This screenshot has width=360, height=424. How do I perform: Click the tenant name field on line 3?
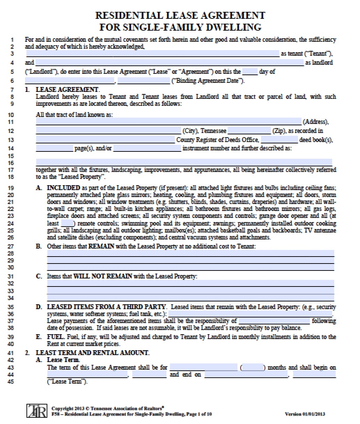point(152,54)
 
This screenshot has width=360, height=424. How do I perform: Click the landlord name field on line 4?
point(169,63)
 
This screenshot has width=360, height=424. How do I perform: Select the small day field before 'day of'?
point(250,72)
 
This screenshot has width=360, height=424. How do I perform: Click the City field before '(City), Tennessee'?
point(108,131)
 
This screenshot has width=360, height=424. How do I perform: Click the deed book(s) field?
point(279,140)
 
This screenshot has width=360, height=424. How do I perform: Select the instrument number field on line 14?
point(147,149)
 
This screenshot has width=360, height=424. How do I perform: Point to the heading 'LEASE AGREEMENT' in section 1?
point(67,89)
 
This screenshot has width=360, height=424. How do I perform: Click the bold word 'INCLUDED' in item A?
point(63,188)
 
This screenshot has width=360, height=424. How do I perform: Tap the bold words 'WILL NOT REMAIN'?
point(102,276)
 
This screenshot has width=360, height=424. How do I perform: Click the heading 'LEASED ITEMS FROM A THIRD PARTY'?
point(106,307)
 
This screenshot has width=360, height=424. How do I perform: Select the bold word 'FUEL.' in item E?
point(55,337)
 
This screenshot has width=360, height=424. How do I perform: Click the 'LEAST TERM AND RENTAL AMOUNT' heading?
point(93,353)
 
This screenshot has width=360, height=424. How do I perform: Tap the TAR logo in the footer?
point(36,411)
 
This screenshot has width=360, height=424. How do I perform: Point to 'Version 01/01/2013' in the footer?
point(305,414)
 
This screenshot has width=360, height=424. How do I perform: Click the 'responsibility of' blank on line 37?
point(274,321)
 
